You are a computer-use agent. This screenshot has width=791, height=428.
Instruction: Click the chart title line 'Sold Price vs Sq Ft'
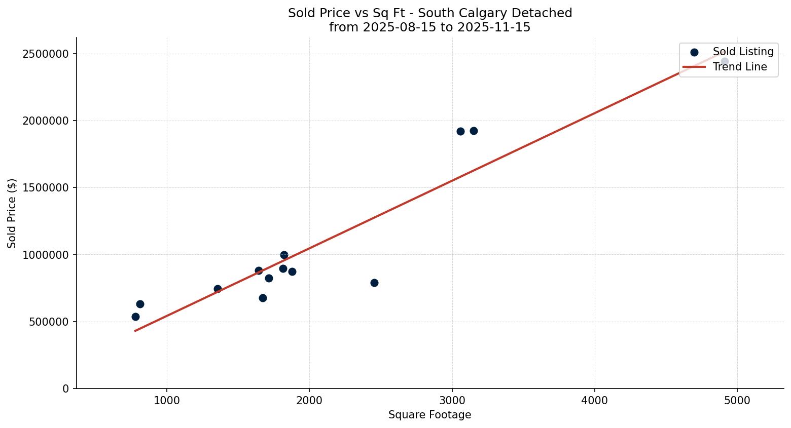(429, 13)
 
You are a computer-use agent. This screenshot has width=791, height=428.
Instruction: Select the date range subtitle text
(429, 27)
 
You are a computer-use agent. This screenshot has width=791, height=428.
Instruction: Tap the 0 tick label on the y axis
(65, 388)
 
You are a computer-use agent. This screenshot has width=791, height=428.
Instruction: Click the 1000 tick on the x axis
(167, 400)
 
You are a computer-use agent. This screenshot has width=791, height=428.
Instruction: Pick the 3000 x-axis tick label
(452, 400)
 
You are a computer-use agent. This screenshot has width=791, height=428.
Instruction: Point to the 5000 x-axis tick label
(737, 400)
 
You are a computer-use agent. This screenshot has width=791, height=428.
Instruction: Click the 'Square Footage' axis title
(429, 415)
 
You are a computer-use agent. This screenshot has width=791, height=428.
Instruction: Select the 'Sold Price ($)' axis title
(12, 213)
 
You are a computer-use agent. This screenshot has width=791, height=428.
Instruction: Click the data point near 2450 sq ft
(374, 283)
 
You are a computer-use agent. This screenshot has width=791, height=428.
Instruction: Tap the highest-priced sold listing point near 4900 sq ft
(725, 62)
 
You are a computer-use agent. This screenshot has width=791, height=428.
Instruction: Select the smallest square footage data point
(135, 317)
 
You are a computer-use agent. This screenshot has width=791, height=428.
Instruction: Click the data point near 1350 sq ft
(218, 289)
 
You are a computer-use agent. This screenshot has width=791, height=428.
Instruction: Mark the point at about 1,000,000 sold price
(284, 255)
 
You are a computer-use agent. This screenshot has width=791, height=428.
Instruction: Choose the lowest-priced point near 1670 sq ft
(263, 298)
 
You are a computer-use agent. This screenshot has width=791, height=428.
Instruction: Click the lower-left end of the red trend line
(135, 331)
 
